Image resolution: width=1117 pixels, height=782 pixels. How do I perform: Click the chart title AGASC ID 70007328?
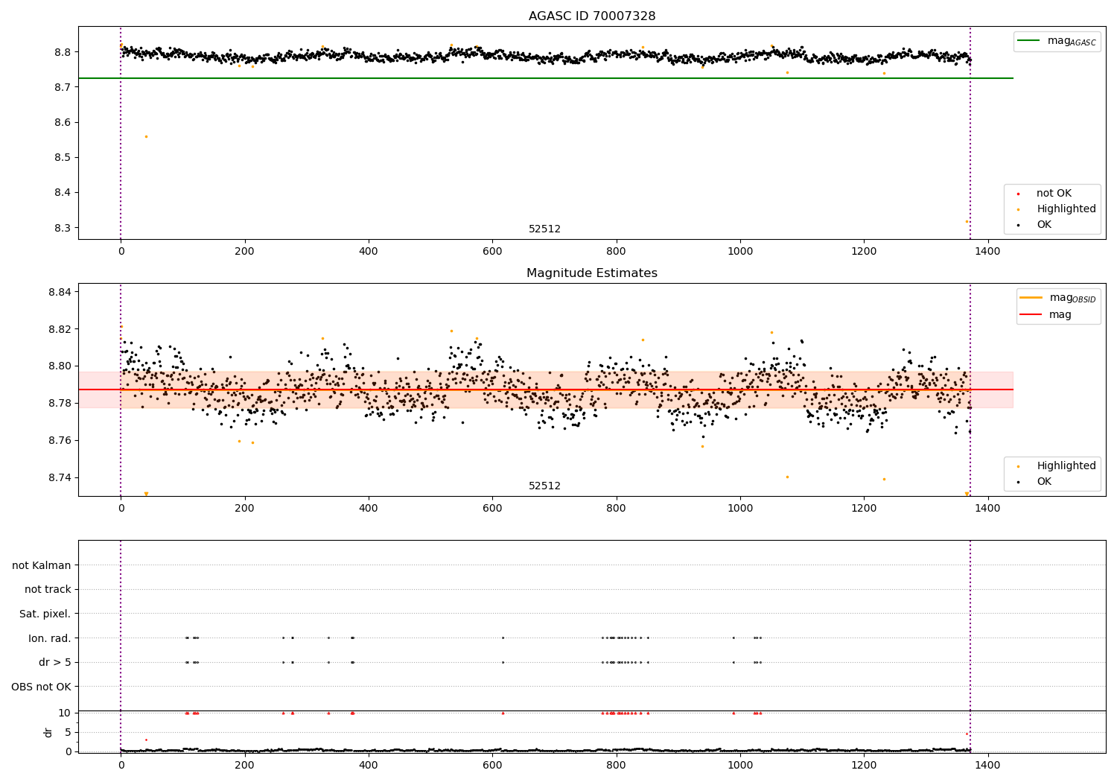tap(592, 16)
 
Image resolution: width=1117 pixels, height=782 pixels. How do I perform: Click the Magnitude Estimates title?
tap(592, 273)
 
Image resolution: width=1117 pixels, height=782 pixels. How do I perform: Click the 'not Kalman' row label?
tap(42, 565)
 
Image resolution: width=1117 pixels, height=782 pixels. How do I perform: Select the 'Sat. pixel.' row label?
tap(45, 614)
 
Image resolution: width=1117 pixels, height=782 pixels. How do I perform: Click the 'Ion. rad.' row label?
tap(50, 638)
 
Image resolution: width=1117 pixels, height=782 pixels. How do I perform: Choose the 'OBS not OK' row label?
tap(42, 687)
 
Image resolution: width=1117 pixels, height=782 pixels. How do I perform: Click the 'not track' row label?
tap(48, 590)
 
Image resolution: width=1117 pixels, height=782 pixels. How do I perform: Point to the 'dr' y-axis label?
tap(48, 732)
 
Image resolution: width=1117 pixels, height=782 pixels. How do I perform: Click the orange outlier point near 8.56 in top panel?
tap(146, 136)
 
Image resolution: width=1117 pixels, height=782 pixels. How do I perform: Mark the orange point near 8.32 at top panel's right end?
tap(967, 221)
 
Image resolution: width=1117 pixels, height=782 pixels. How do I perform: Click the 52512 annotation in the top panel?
tap(544, 229)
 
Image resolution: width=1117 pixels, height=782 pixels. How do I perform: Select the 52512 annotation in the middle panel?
tap(544, 486)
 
